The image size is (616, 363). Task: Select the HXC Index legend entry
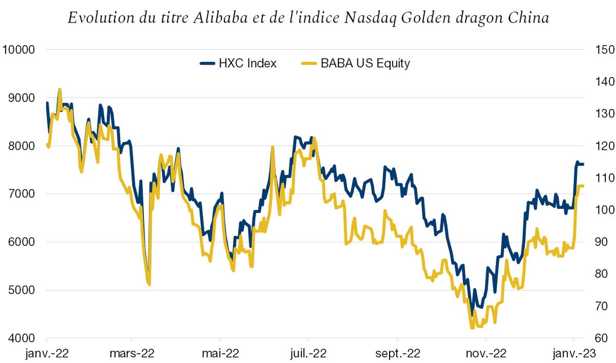coord(238,63)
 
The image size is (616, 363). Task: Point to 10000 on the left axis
coord(18,50)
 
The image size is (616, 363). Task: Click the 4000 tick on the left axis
coord(21,338)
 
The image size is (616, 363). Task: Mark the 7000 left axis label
coord(21,194)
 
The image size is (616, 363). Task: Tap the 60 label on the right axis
coord(599,338)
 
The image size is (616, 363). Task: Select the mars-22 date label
coord(132,354)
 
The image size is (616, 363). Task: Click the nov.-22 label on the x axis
coord(486,354)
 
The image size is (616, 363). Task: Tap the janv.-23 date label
coord(573,354)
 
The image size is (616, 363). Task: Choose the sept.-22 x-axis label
coord(397,354)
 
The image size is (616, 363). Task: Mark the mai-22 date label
coord(219,354)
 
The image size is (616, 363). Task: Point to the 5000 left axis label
coord(21,291)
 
